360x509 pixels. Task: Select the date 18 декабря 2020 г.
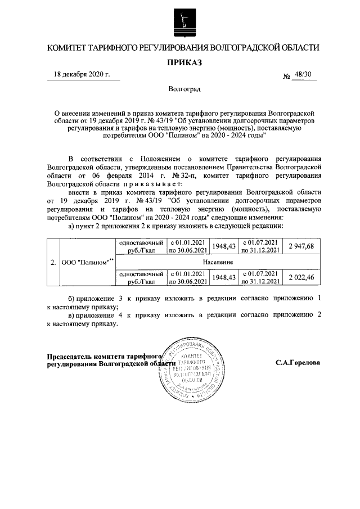pos(82,74)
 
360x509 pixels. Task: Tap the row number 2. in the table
pos(53,262)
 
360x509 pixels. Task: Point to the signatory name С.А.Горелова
pos(298,363)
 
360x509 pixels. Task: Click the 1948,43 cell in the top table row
pos(223,246)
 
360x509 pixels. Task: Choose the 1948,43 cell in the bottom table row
pos(223,277)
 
